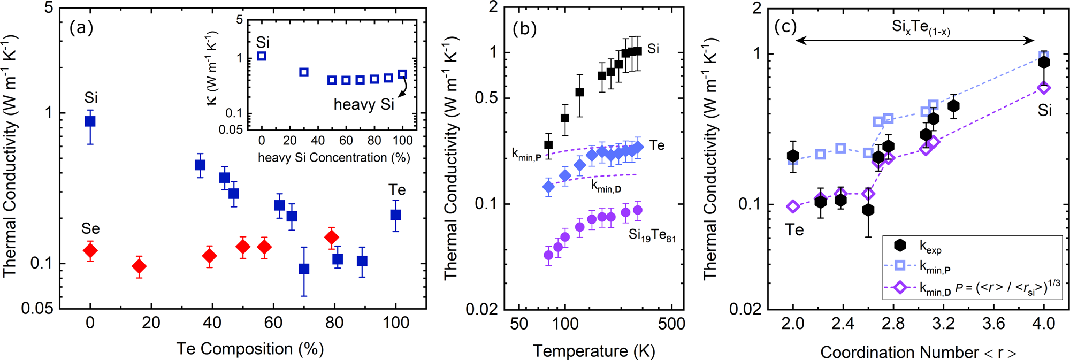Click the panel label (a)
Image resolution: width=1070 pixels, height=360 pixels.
pos(81,28)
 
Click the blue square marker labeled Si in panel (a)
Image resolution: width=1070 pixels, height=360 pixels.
pos(90,121)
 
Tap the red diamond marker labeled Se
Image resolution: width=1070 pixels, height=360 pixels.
pos(90,250)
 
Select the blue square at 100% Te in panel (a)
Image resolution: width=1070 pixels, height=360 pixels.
pos(396,215)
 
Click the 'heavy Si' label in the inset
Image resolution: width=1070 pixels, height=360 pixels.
pos(364,104)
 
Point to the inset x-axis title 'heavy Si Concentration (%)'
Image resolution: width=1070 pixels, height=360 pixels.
pos(334,158)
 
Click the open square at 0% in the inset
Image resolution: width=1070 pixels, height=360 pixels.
pos(262,56)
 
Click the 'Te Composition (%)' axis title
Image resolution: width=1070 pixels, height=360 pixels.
pos(250,349)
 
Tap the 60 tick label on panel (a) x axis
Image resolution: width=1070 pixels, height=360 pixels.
pos(273,323)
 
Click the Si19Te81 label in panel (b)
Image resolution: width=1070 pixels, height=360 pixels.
pos(652,235)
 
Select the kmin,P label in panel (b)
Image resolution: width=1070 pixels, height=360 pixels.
pos(526,155)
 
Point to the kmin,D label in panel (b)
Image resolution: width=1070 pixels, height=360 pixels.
pos(606,186)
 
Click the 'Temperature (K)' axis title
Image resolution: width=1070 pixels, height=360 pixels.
pos(594,351)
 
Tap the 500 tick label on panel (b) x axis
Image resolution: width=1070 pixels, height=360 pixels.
pos(671,324)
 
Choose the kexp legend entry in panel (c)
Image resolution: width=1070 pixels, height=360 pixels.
pos(930,247)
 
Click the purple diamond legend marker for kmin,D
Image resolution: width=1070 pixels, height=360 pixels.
pos(900,288)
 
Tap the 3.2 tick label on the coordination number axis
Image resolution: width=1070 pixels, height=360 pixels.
pos(943,324)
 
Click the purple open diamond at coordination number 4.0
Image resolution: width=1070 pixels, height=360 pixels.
pos(1044,88)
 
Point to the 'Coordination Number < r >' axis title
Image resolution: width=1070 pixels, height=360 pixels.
pos(918,351)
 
